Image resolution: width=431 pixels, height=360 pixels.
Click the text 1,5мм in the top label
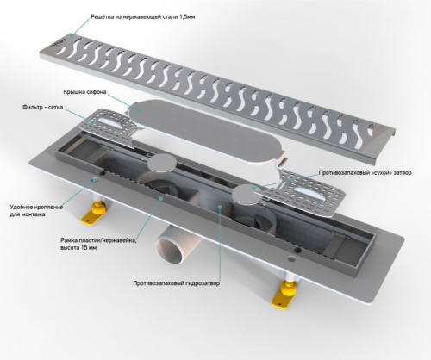(x=187, y=17)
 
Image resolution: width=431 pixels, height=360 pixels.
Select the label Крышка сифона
(x=81, y=92)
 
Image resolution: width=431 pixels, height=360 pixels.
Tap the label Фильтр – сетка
(x=42, y=108)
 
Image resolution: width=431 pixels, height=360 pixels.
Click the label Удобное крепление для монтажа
(x=36, y=210)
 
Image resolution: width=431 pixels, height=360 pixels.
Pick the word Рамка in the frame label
(x=68, y=240)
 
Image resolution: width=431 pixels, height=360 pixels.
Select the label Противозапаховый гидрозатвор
(x=177, y=283)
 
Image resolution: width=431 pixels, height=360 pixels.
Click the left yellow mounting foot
(x=93, y=214)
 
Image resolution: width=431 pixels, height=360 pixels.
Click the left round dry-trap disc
(x=162, y=163)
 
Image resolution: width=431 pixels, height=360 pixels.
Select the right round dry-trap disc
(x=247, y=195)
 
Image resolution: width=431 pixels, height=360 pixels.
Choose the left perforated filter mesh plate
(x=110, y=127)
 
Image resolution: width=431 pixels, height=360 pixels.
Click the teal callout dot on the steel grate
(x=72, y=36)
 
